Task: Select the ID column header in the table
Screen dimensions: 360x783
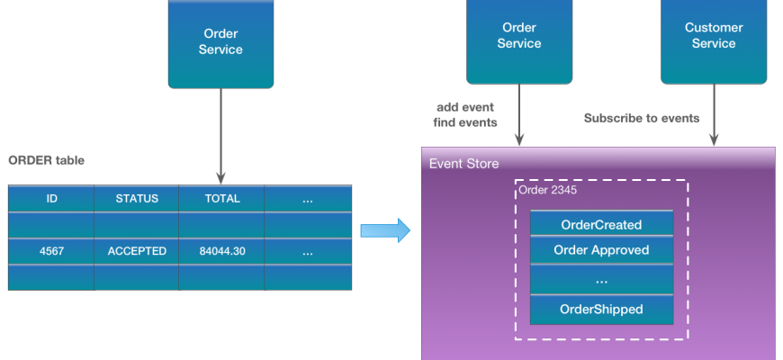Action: tap(51, 198)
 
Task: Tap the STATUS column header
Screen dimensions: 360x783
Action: tap(137, 198)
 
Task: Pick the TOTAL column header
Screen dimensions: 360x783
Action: tap(221, 198)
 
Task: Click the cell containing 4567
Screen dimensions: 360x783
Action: tap(51, 251)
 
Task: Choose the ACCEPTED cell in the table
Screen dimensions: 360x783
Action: tap(137, 251)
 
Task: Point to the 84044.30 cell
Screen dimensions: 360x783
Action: tap(221, 251)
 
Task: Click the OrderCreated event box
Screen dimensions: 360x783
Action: tap(601, 224)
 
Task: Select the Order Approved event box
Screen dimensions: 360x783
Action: tap(601, 250)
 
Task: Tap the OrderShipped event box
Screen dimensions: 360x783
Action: tap(601, 309)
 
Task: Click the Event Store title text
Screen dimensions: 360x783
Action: tap(463, 164)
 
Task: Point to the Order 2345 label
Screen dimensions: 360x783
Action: tap(547, 190)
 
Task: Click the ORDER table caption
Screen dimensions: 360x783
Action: tap(47, 160)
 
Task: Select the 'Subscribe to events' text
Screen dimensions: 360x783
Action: tap(642, 118)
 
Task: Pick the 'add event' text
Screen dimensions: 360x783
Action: tap(466, 106)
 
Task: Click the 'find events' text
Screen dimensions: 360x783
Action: tap(466, 122)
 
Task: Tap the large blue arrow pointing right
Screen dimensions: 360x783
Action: tap(385, 230)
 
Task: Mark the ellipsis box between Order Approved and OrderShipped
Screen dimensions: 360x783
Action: tap(601, 279)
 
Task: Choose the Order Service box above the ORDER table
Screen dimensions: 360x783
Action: tap(220, 43)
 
